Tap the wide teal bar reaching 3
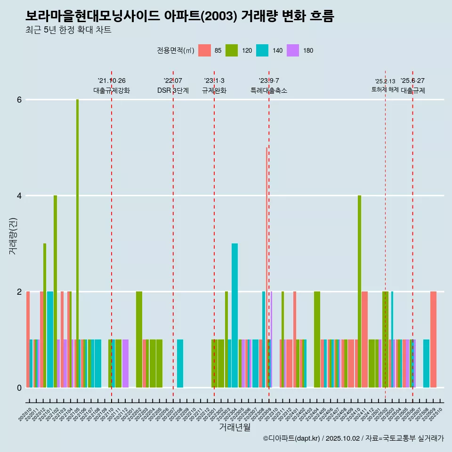(234, 315)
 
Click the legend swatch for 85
(204, 50)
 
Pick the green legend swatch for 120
(232, 50)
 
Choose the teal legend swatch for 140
(262, 50)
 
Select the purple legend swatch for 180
(293, 50)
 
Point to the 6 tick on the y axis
(19, 100)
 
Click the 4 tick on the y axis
(19, 196)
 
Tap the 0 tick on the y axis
(19, 387)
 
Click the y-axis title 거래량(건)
(13, 236)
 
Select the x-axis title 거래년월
(234, 427)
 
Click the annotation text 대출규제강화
(112, 90)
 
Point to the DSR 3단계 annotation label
(173, 90)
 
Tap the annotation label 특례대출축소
(269, 90)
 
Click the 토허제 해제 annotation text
(385, 89)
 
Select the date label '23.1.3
(214, 81)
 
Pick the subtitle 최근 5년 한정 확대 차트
(68, 30)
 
